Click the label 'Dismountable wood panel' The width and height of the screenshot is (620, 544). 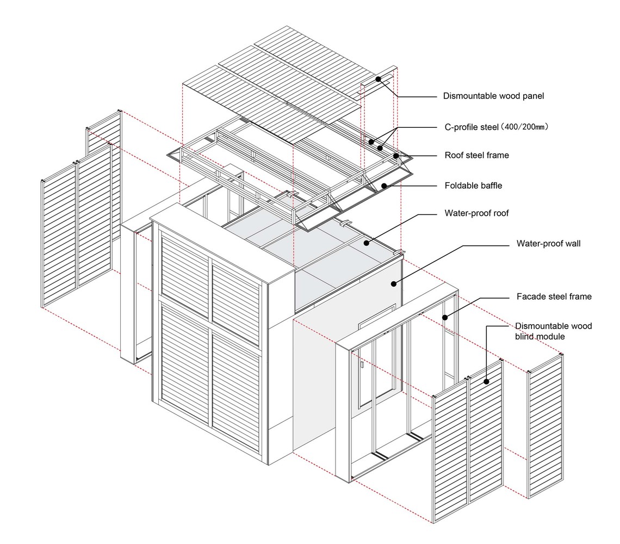(x=493, y=96)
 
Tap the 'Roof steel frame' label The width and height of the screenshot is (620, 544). (x=476, y=155)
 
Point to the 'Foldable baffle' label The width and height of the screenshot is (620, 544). (x=473, y=186)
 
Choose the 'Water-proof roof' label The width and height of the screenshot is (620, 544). (x=476, y=213)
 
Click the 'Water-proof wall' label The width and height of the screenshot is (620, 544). (x=548, y=243)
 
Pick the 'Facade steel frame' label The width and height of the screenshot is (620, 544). (x=554, y=296)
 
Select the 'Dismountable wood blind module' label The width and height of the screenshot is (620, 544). (x=553, y=331)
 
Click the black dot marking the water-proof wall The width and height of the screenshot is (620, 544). (x=393, y=283)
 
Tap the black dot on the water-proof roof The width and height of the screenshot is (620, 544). (x=367, y=243)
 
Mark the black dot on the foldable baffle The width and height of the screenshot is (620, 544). (x=383, y=186)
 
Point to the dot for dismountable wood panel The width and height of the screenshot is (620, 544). (x=378, y=79)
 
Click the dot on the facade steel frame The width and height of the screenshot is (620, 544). (x=445, y=317)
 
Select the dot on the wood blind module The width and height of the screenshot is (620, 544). (x=486, y=381)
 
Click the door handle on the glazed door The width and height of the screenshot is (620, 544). (x=362, y=365)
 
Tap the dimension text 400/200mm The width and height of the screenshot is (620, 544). (x=525, y=127)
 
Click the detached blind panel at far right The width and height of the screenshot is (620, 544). (x=545, y=426)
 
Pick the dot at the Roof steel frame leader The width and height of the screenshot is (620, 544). (x=395, y=156)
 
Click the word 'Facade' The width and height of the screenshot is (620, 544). (x=530, y=296)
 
